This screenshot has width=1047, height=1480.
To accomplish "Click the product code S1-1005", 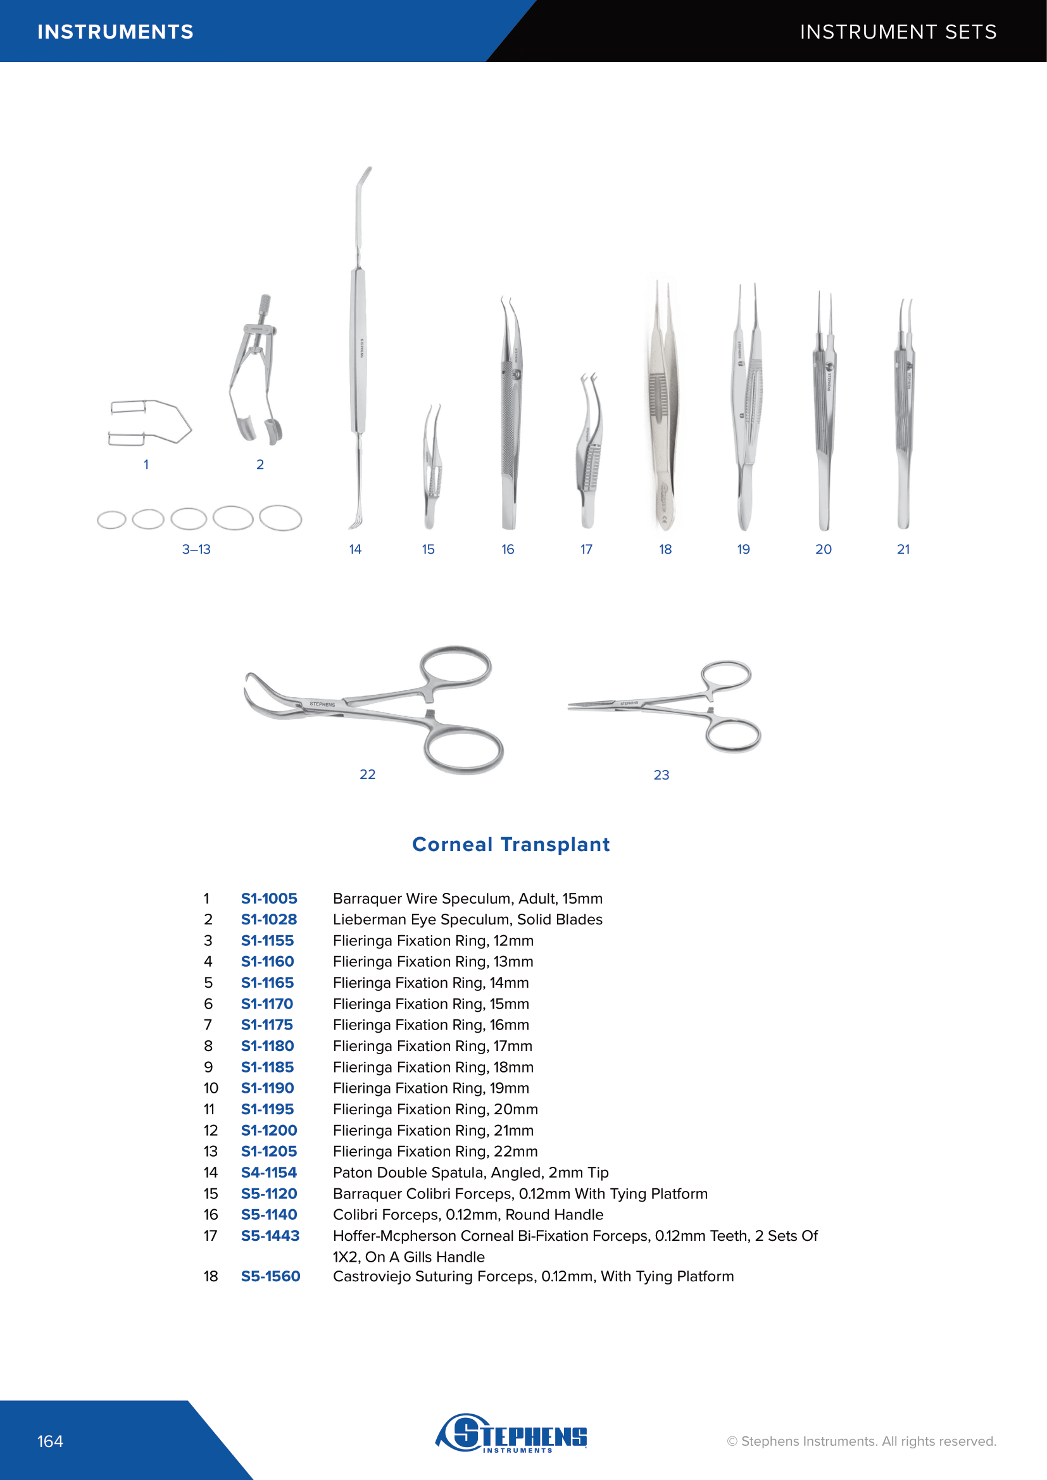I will coord(269,899).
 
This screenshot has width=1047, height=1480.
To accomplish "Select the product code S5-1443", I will coord(270,1236).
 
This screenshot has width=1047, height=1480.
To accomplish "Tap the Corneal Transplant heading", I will coord(511,845).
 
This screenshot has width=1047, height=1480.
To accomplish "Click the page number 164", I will coord(50,1441).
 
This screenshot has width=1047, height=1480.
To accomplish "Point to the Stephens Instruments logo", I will coord(512,1433).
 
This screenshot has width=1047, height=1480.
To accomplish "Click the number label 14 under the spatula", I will coord(355,549).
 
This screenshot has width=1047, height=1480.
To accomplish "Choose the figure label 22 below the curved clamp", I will coord(368,774).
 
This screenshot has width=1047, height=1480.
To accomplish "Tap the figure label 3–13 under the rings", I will coord(196,549).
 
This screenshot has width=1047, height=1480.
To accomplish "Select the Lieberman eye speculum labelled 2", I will coord(256,374).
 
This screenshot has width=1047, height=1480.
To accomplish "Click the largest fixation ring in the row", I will coord(280,518).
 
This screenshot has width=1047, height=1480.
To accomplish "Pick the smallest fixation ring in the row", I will coord(111,519).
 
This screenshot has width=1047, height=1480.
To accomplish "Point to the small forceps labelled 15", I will coord(430,468).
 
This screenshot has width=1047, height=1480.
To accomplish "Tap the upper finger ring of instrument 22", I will coord(456,665).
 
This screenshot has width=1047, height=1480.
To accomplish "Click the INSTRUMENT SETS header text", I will coord(898,32).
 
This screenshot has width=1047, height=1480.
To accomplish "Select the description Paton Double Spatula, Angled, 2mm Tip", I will coord(470,1172).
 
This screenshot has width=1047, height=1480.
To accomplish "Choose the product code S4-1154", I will coord(269,1172).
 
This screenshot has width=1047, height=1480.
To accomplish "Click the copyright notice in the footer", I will coord(862,1441).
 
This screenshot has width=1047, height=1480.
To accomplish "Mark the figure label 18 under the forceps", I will coord(665,549).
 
